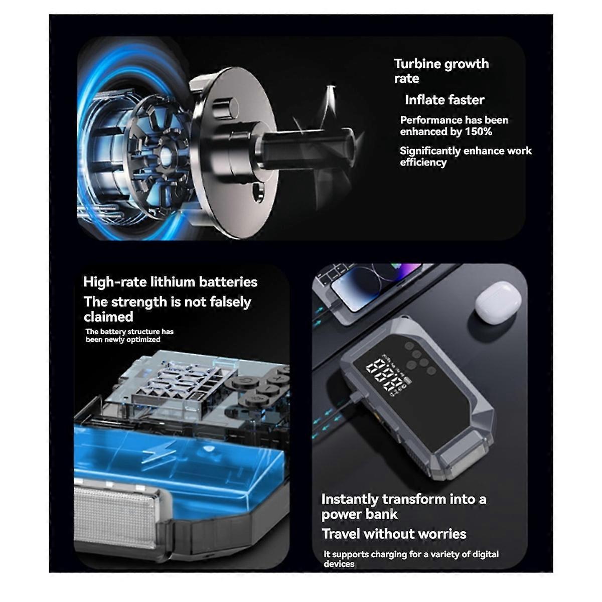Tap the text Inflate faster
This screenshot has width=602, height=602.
(444, 100)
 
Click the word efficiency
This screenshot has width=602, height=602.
(423, 163)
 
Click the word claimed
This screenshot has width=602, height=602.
(108, 317)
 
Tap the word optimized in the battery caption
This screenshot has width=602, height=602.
(144, 340)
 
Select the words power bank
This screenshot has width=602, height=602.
(359, 514)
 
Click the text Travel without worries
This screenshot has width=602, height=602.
(394, 534)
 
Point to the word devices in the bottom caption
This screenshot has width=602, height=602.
(339, 564)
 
